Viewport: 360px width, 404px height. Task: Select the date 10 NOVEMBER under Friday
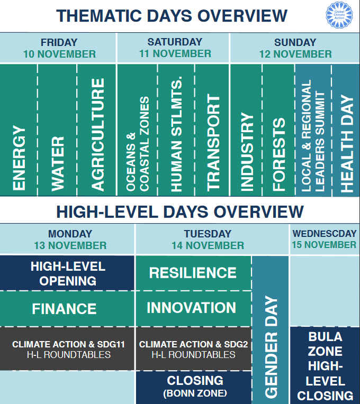pos(59,54)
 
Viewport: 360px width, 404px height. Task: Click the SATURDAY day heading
pos(175,42)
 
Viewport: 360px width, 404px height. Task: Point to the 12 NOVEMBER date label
pos(295,54)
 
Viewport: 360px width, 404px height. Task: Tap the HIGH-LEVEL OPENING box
pos(67,273)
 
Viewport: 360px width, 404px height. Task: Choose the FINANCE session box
pos(65,308)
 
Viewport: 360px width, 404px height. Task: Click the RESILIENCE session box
pos(193,273)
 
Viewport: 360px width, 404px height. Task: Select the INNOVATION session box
pos(192,308)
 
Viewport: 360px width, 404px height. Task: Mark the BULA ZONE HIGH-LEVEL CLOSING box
pos(325,365)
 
